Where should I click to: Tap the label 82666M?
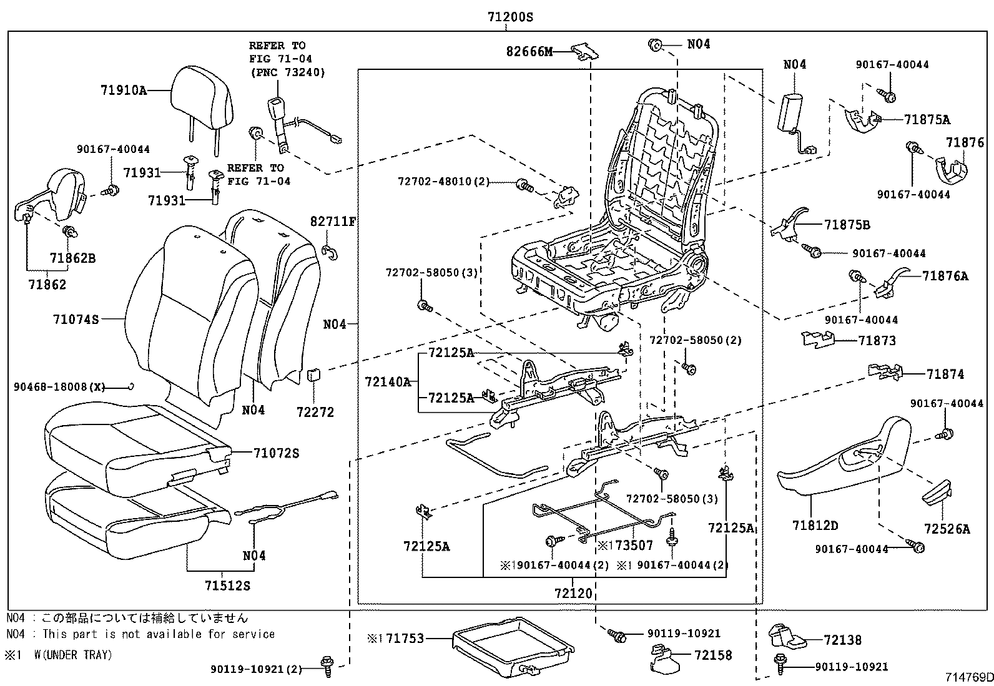tap(529, 52)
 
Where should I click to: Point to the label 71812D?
tap(815, 525)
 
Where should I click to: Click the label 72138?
tap(842, 640)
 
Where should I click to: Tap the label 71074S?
tap(76, 320)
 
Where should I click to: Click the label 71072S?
tap(276, 453)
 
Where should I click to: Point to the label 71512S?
tap(227, 586)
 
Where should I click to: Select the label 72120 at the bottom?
tap(573, 592)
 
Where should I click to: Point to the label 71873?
tap(877, 341)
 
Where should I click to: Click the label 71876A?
tap(945, 276)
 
